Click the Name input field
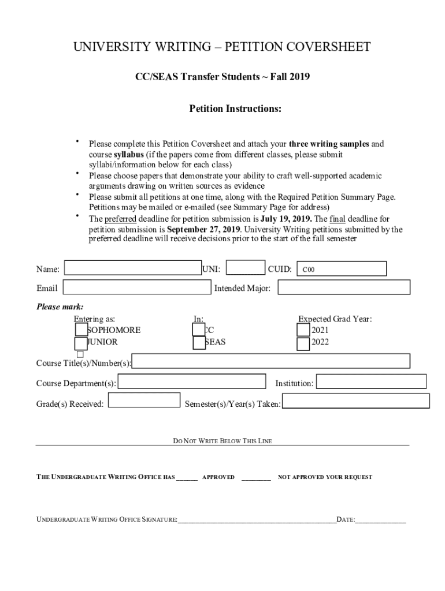point(133,268)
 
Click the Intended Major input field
point(344,287)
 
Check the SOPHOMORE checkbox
point(81,330)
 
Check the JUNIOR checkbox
point(81,343)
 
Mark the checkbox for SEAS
point(199,343)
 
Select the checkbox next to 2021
point(303,330)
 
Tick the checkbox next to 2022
point(303,344)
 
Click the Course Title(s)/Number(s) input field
point(271,361)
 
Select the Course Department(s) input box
point(192,382)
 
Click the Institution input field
point(371,381)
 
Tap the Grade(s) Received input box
point(144,400)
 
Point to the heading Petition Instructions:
point(235,109)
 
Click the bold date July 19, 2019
point(286,219)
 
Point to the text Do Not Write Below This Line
point(222,442)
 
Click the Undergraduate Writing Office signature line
point(257,520)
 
